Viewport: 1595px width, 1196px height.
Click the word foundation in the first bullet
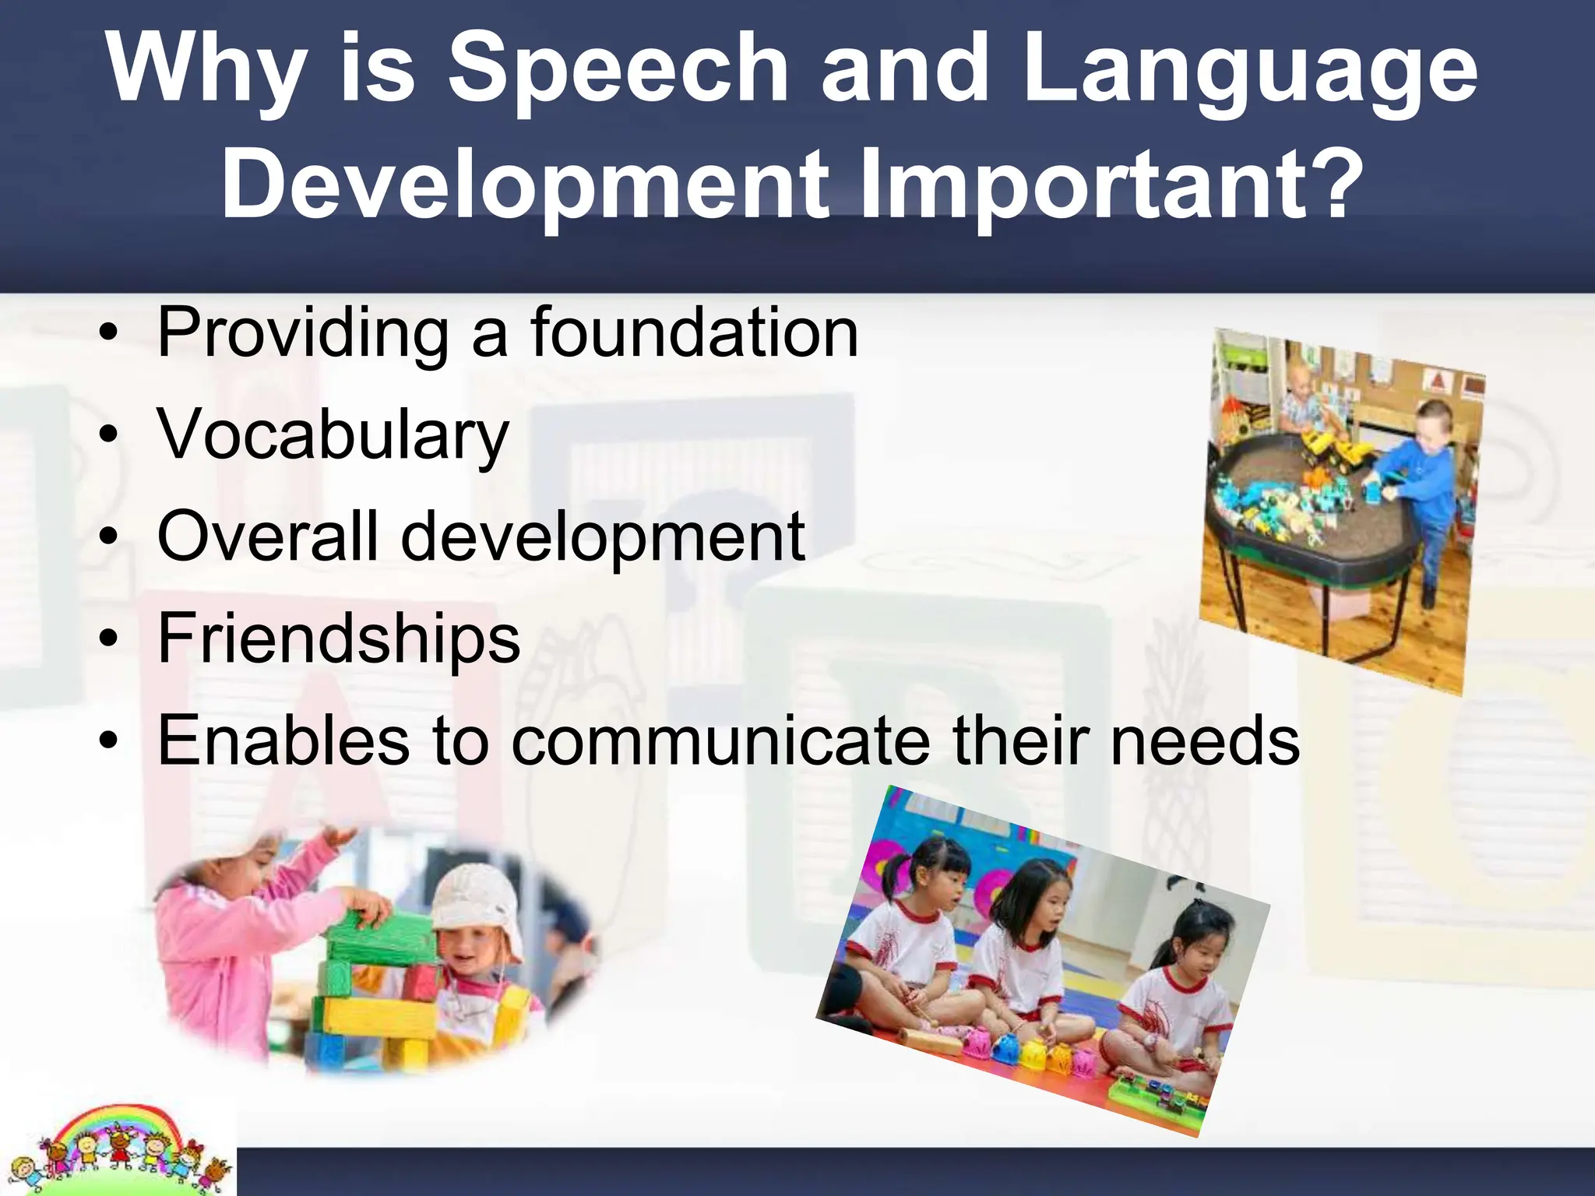point(694,332)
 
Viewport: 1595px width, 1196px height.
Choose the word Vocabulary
point(333,436)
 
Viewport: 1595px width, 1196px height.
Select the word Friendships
point(339,638)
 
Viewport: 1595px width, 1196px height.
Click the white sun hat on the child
point(475,903)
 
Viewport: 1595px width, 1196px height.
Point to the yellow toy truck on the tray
point(1332,448)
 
